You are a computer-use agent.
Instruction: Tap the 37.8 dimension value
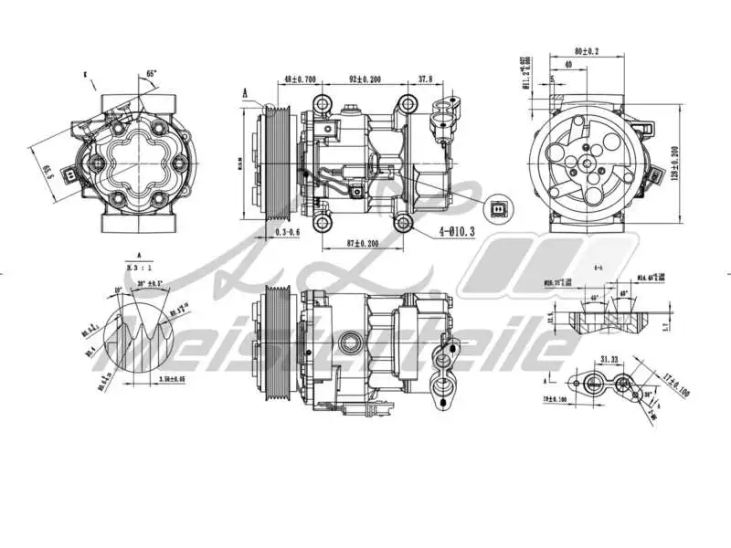pos(427,79)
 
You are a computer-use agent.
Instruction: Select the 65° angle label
pos(152,74)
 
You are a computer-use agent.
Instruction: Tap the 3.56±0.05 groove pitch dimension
pos(173,377)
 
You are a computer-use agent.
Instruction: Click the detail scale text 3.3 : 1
pos(140,268)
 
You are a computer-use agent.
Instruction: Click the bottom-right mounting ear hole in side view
pos(403,223)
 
